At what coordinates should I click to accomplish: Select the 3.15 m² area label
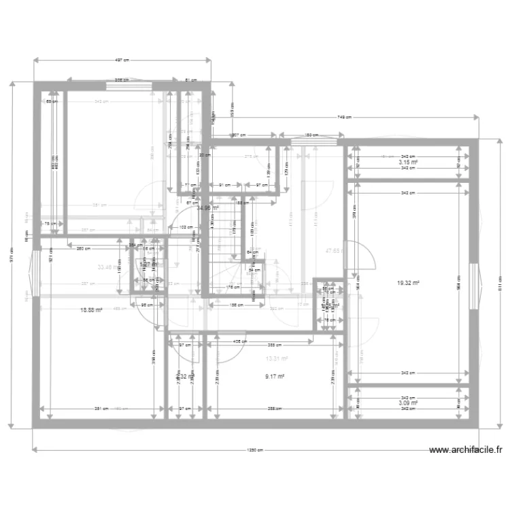[x=408, y=163]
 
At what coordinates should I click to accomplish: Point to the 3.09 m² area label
[x=408, y=403]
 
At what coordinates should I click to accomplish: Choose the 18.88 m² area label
[x=91, y=310]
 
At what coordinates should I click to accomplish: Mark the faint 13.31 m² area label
[x=277, y=358]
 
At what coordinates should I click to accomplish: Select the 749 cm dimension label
[x=345, y=117]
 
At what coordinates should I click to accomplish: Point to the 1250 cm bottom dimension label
[x=256, y=449]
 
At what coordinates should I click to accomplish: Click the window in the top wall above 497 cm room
[x=129, y=85]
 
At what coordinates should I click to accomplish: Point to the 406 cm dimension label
[x=239, y=341]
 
